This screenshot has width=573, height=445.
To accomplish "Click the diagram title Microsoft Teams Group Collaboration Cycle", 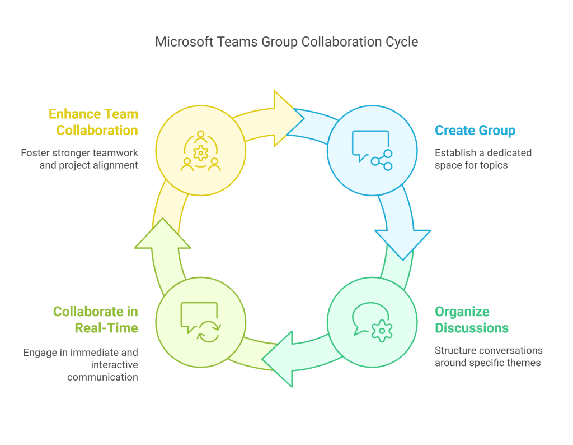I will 286,42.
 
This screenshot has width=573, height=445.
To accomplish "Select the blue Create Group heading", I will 475,131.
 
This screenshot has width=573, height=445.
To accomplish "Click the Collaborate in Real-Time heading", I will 96,320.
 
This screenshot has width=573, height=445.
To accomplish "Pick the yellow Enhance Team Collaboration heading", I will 93,122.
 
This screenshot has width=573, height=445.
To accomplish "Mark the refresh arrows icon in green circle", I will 209,331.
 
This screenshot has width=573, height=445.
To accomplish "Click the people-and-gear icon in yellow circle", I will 200,151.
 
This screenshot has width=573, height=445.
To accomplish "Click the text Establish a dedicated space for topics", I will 483,159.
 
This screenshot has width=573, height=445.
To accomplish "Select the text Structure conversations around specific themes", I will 489,356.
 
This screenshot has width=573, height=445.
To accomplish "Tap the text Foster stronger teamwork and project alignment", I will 80,159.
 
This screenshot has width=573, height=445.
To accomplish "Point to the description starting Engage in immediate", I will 81,364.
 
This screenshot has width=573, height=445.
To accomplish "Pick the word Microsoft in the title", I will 181,42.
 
